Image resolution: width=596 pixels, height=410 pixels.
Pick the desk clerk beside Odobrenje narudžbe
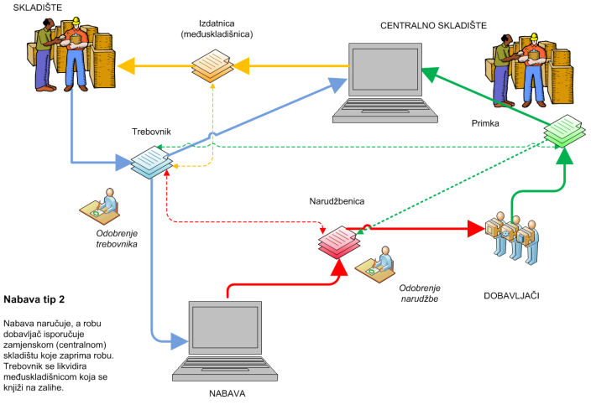point(375,263)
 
